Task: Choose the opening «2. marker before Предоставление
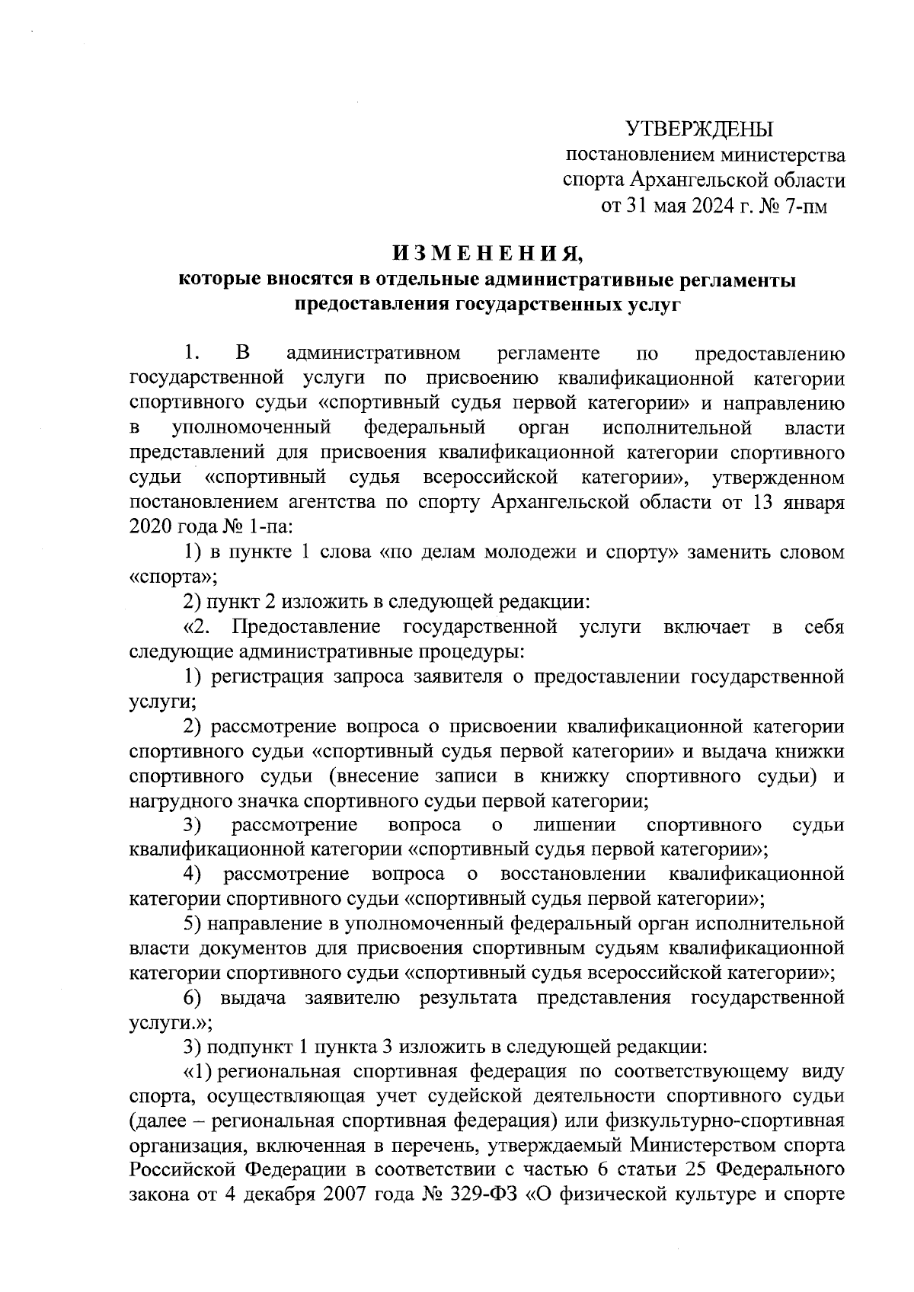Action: [202, 627]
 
